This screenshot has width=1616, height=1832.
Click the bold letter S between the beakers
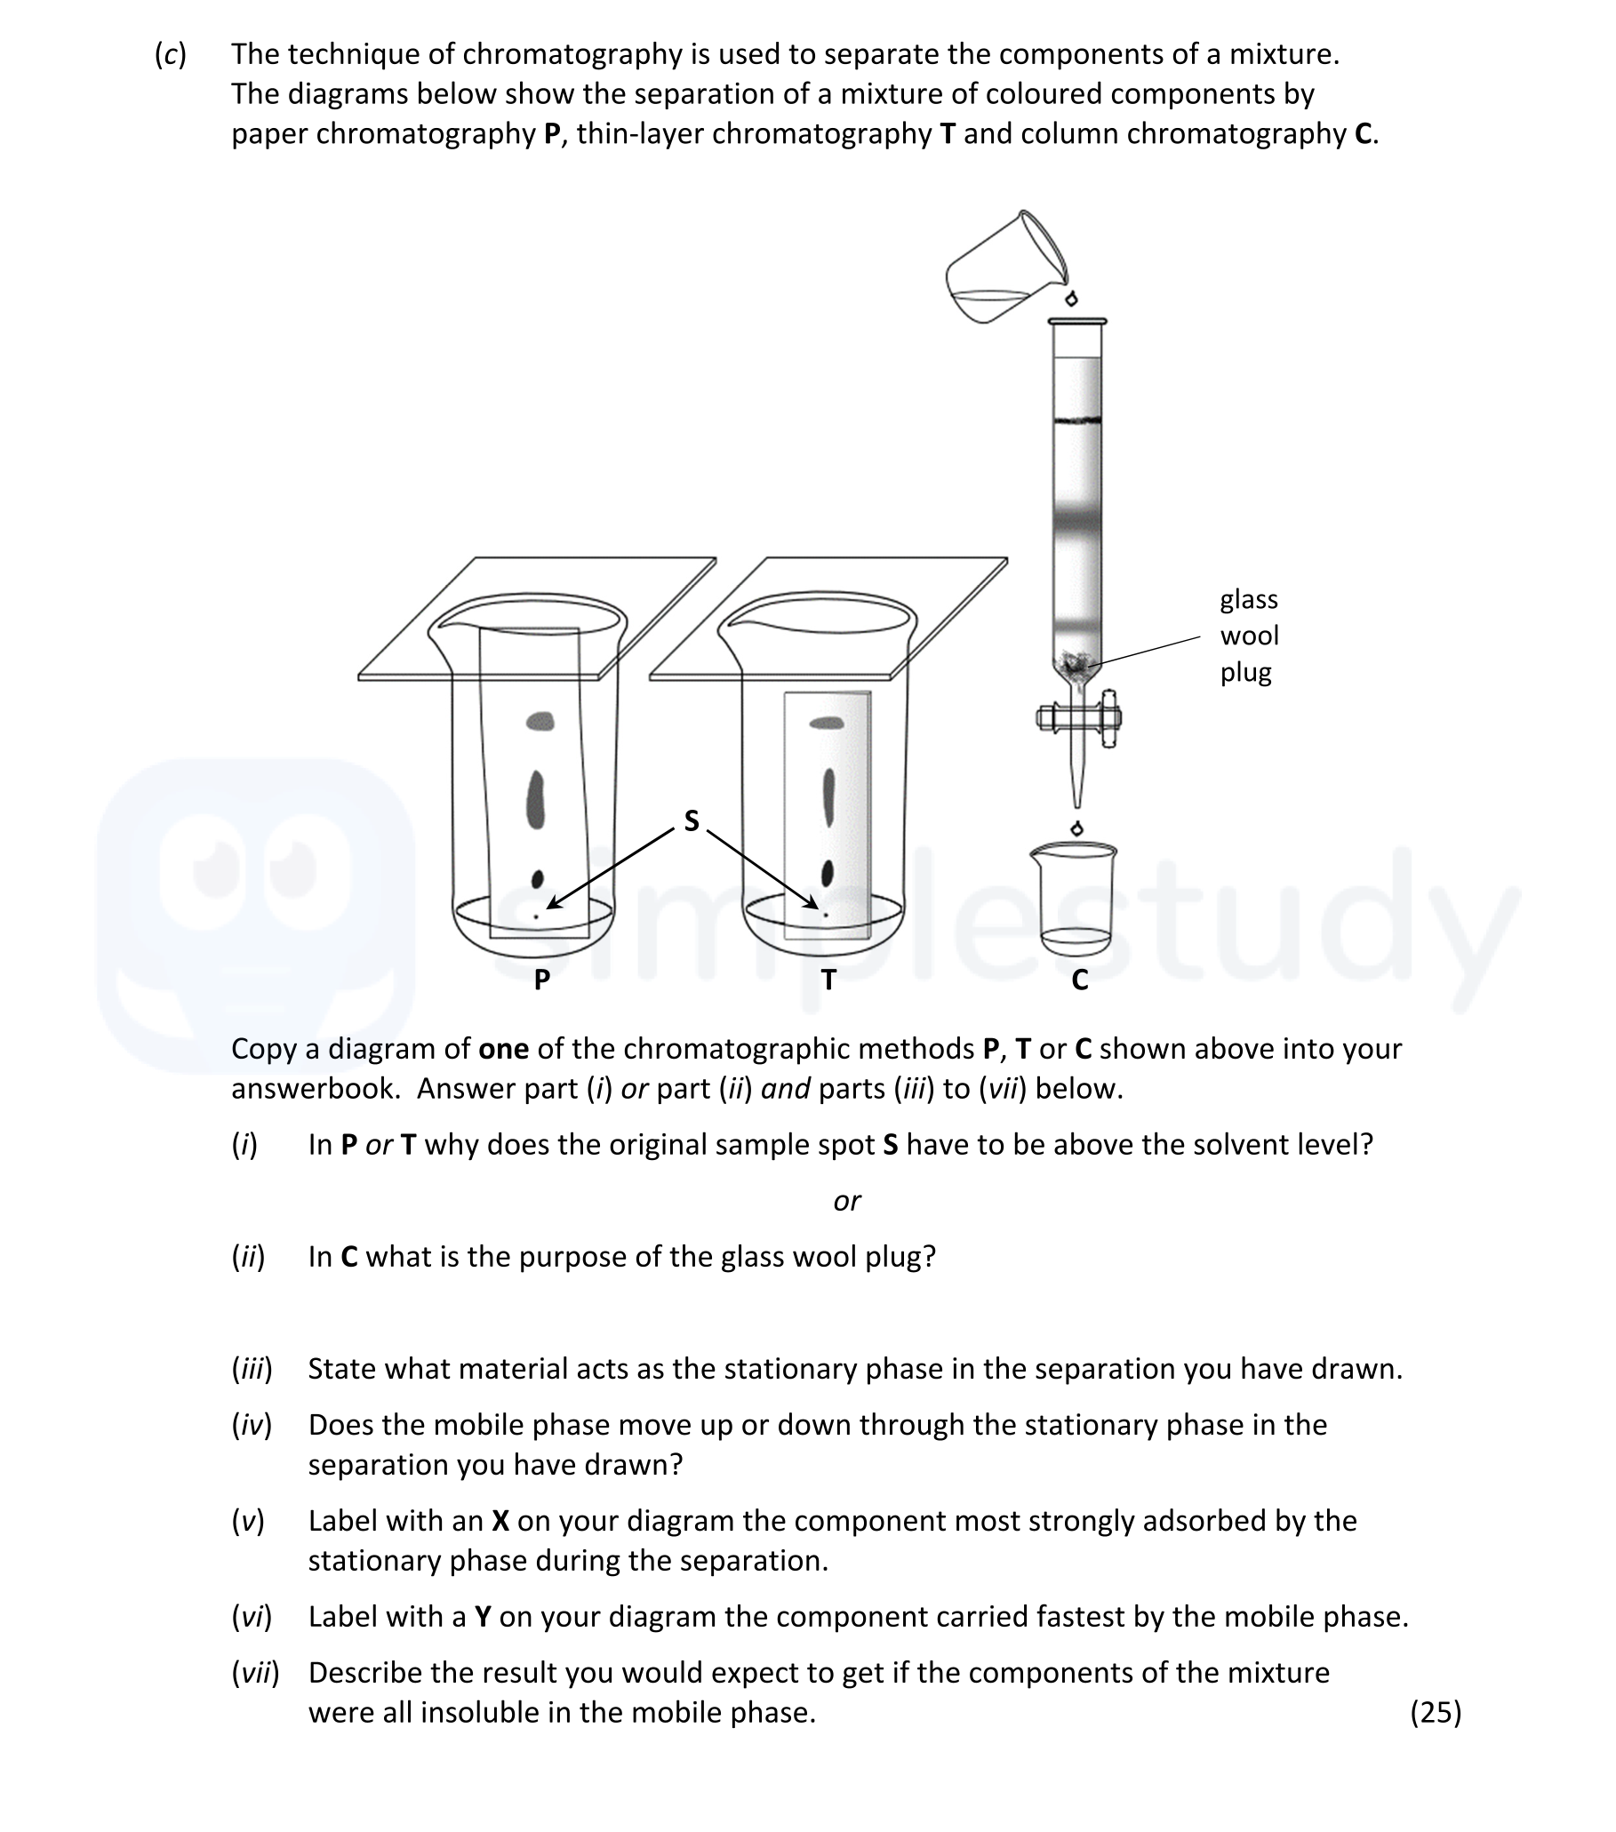coord(691,820)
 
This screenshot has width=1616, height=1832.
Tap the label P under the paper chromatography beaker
coord(541,980)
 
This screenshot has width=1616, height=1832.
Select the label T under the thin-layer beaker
coord(828,980)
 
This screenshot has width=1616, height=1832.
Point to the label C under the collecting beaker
coord(1079,980)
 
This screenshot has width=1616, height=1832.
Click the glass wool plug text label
coord(1249,636)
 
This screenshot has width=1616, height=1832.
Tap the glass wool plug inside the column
coord(1076,664)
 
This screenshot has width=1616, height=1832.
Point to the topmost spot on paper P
coord(540,721)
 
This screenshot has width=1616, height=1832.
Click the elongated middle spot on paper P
coord(536,799)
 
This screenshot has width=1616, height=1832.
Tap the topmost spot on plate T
coord(827,723)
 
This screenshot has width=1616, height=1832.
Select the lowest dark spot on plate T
coord(828,871)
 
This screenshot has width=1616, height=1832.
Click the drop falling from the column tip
coord(1077,828)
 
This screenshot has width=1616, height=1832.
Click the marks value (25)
coord(1435,1712)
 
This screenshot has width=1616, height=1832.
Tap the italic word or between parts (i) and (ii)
coord(846,1200)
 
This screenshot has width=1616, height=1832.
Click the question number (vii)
coord(255,1673)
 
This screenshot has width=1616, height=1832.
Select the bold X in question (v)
coord(500,1521)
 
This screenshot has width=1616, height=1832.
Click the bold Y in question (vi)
coord(482,1617)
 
